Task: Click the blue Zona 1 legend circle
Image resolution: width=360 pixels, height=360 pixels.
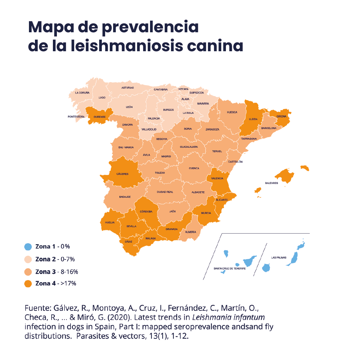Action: point(28,247)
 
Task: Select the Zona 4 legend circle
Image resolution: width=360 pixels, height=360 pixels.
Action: point(28,284)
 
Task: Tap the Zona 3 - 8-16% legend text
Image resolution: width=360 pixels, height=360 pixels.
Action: point(57,272)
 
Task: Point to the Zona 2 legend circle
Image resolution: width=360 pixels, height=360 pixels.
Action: point(28,259)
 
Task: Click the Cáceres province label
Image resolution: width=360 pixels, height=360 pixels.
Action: point(122,174)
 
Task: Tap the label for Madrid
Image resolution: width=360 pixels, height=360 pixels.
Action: point(166,156)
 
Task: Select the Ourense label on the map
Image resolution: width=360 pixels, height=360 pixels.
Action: point(100,117)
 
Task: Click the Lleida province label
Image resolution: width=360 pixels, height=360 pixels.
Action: point(253,118)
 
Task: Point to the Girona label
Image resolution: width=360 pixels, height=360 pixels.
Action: point(281,116)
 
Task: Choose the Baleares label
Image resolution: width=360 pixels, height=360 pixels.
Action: point(271,183)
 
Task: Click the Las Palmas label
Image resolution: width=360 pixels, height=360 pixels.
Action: point(278,258)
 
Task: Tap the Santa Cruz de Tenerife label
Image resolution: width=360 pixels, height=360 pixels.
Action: point(230,268)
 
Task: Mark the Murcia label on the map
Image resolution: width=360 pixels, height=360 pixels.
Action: point(206,213)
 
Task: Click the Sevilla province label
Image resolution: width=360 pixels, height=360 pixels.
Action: point(131,226)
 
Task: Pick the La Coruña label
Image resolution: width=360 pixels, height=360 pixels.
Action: point(82,93)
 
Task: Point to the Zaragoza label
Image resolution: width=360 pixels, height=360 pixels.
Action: point(212,129)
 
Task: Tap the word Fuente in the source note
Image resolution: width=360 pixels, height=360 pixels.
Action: point(36,308)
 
